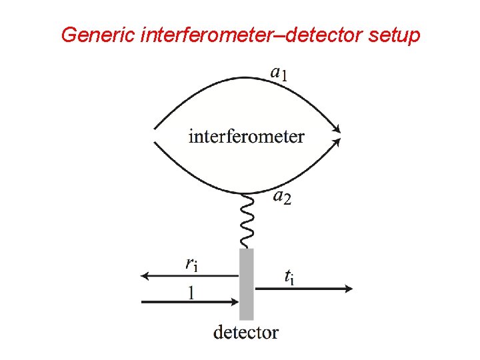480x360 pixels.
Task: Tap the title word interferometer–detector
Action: click(x=251, y=35)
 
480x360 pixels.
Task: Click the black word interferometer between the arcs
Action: click(x=247, y=137)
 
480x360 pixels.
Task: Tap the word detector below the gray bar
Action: click(x=246, y=331)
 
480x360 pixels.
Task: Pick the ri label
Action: click(x=191, y=263)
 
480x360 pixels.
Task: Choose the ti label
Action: click(x=289, y=276)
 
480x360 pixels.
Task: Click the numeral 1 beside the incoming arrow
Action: click(x=191, y=292)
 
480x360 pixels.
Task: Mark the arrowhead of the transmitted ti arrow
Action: click(x=348, y=289)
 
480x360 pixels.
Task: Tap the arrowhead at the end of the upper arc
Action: click(x=337, y=128)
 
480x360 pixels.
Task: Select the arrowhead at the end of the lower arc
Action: click(x=337, y=141)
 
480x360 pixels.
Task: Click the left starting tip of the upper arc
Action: click(x=155, y=128)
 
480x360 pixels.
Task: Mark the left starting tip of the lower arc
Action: click(x=155, y=143)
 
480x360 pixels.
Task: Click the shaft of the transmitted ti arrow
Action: click(x=300, y=289)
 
